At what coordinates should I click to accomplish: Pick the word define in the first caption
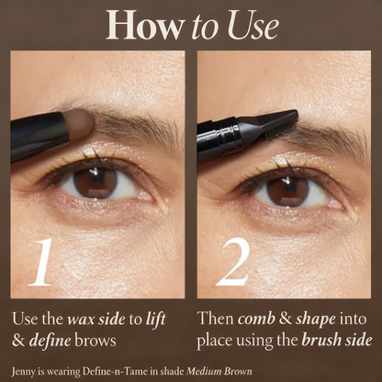pos(49,339)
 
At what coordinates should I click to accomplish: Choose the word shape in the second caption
pos(311,319)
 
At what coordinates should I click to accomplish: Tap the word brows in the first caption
pos(95,339)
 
